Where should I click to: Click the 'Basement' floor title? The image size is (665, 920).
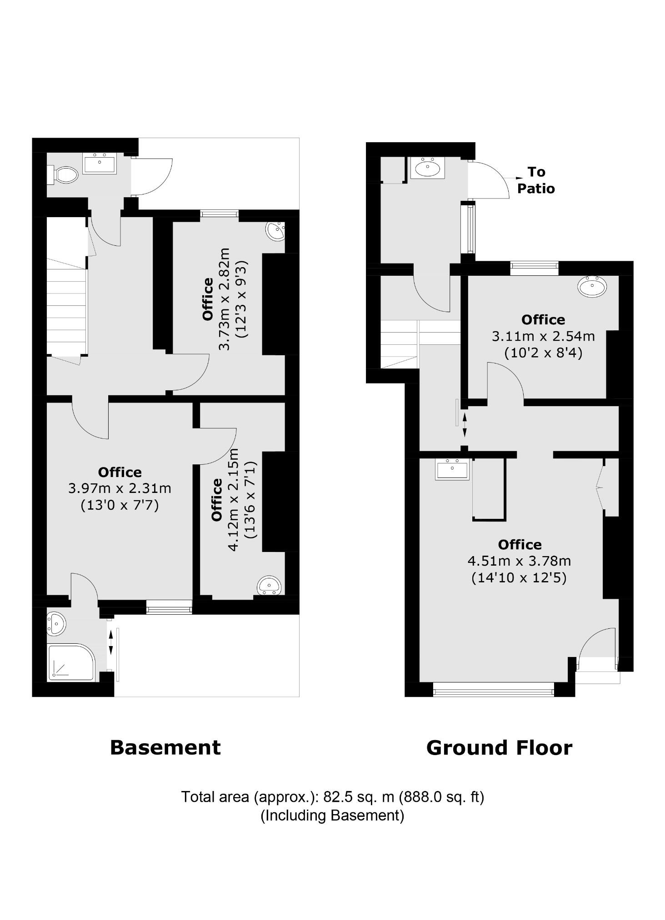pyautogui.click(x=165, y=748)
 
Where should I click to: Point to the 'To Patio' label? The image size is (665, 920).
pyautogui.click(x=536, y=180)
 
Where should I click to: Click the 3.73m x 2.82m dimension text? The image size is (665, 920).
pyautogui.click(x=225, y=299)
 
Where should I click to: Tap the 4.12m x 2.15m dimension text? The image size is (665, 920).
pyautogui.click(x=233, y=500)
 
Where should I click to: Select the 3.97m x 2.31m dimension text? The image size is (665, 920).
pyautogui.click(x=120, y=489)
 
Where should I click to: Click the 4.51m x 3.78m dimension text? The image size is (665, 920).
pyautogui.click(x=519, y=561)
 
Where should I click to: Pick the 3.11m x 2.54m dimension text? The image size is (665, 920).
pyautogui.click(x=543, y=337)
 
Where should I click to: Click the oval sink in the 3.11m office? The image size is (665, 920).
pyautogui.click(x=592, y=286)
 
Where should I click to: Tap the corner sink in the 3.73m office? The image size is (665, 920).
pyautogui.click(x=275, y=231)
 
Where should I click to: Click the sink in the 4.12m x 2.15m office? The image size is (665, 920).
pyautogui.click(x=270, y=586)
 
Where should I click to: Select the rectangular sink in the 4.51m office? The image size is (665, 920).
pyautogui.click(x=452, y=469)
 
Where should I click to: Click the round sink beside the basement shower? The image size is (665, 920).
pyautogui.click(x=56, y=624)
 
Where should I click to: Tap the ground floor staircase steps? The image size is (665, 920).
pyautogui.click(x=399, y=344)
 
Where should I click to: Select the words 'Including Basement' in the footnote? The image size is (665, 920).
pyautogui.click(x=332, y=816)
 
